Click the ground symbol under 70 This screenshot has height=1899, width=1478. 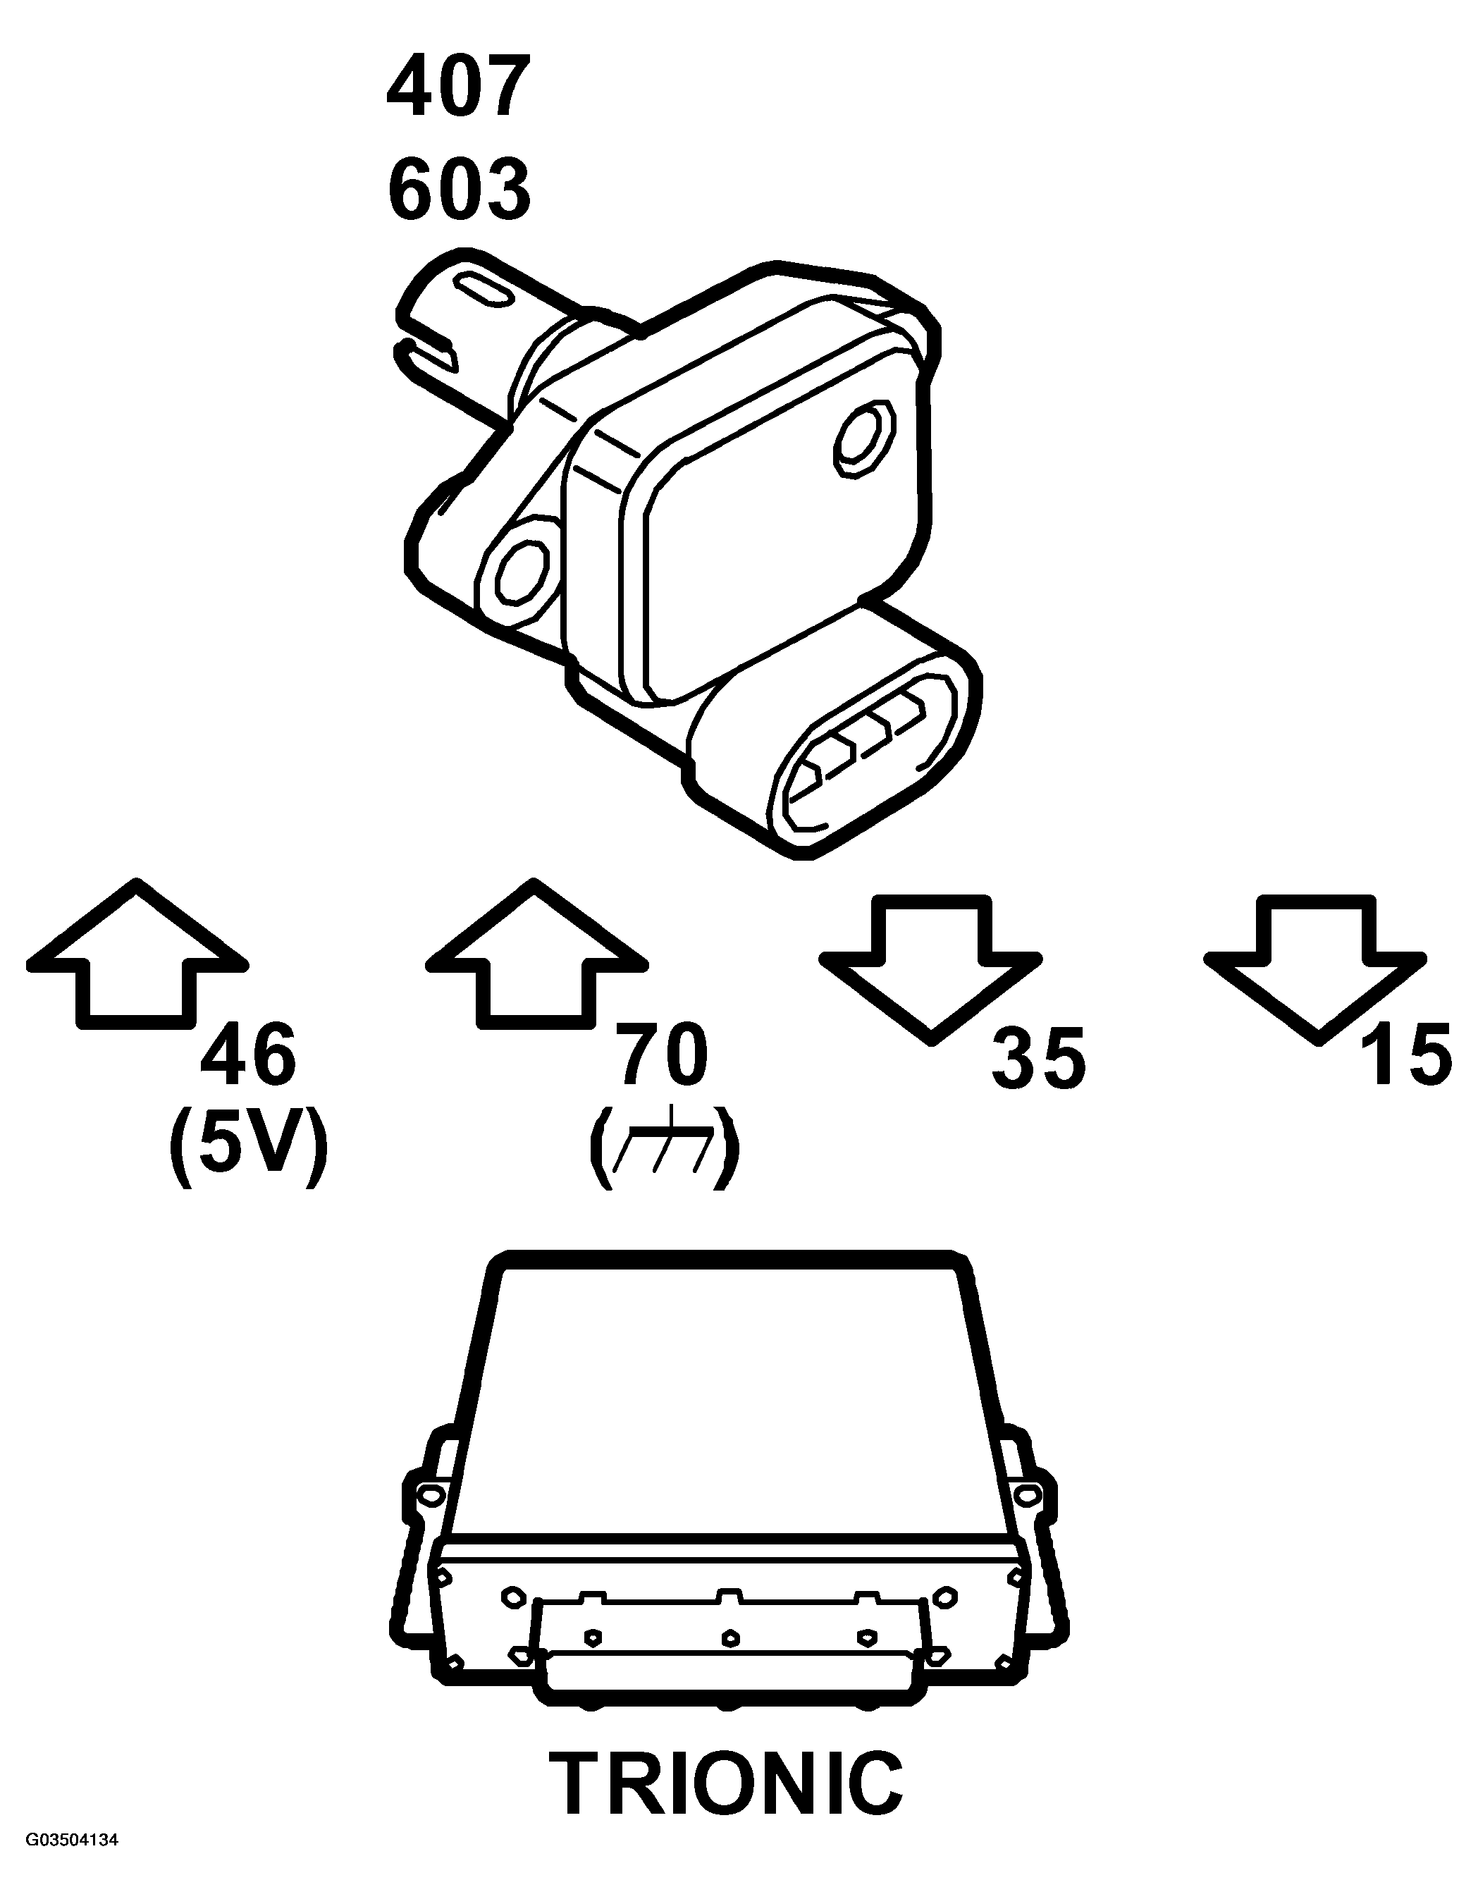tap(665, 1148)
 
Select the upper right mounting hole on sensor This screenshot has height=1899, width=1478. tap(861, 439)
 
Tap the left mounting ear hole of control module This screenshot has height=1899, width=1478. tap(427, 1494)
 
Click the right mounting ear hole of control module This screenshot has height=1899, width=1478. tap(1028, 1494)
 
